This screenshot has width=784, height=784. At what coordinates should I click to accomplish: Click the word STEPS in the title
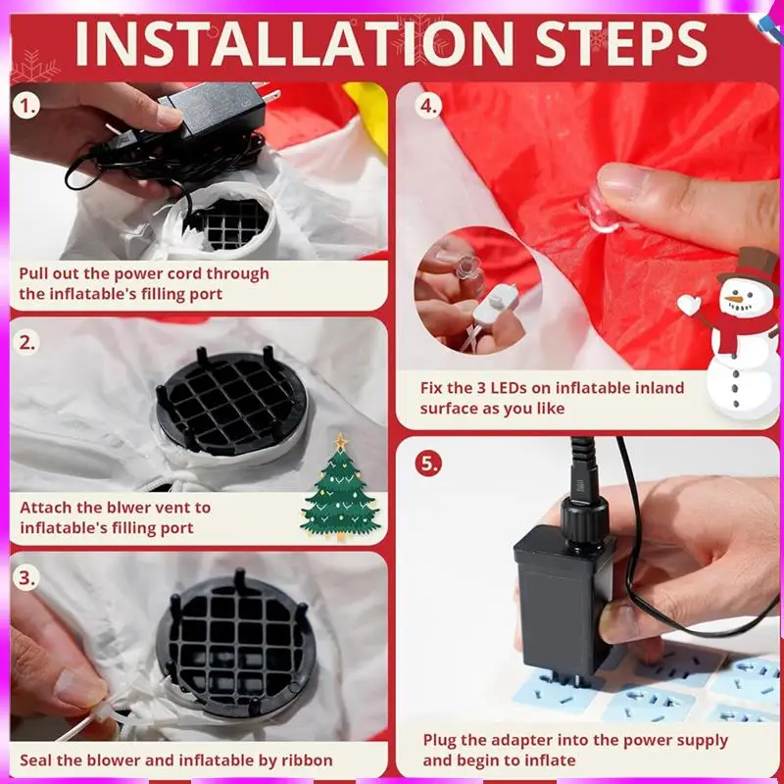[x=621, y=43]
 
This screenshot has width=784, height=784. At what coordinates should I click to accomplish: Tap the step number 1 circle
[x=26, y=106]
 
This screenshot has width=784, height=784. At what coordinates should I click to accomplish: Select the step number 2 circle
[x=26, y=343]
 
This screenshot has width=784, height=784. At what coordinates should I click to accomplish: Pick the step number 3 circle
[x=26, y=578]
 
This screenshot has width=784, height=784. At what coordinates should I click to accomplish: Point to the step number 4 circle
[x=428, y=106]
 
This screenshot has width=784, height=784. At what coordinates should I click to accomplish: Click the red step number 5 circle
[x=428, y=464]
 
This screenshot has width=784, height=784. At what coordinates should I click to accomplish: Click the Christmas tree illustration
[x=340, y=487]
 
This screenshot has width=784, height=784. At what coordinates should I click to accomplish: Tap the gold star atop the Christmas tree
[x=341, y=441]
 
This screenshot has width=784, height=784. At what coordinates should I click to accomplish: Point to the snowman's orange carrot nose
[x=734, y=299]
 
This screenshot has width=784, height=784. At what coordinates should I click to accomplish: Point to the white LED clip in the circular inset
[x=495, y=303]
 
